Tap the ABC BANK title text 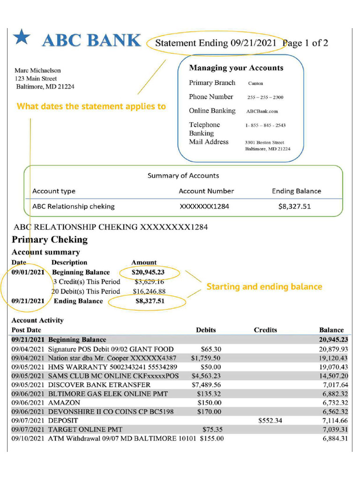point(91,41)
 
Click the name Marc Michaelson point(37,70)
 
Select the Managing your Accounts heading point(236,68)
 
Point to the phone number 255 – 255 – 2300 point(265,97)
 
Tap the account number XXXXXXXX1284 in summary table point(204,206)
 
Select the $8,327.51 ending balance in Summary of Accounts point(294,206)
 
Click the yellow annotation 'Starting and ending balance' point(264,286)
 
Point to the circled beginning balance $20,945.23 point(148,272)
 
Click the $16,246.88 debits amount point(149,292)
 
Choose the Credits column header point(265,330)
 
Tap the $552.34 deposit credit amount point(270,420)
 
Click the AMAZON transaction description point(64,403)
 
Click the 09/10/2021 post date point(28,439)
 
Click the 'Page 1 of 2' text point(305,43)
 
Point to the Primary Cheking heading point(50,240)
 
